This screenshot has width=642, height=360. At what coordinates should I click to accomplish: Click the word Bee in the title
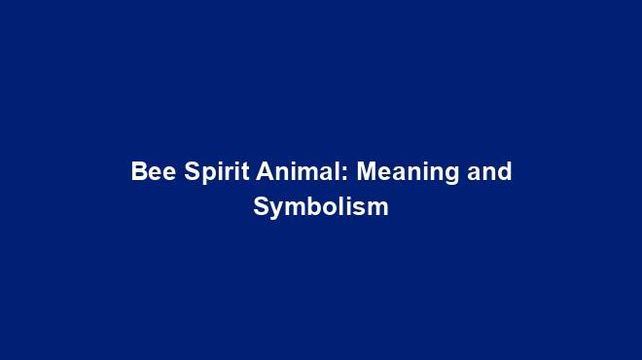click(x=150, y=172)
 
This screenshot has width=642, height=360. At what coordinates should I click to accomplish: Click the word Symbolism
click(x=321, y=207)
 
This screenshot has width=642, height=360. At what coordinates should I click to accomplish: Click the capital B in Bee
click(x=138, y=172)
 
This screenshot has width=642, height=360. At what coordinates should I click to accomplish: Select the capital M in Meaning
click(x=366, y=172)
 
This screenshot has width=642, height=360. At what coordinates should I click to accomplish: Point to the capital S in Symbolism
click(x=260, y=207)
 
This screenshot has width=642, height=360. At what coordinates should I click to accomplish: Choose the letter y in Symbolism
click(x=274, y=210)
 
